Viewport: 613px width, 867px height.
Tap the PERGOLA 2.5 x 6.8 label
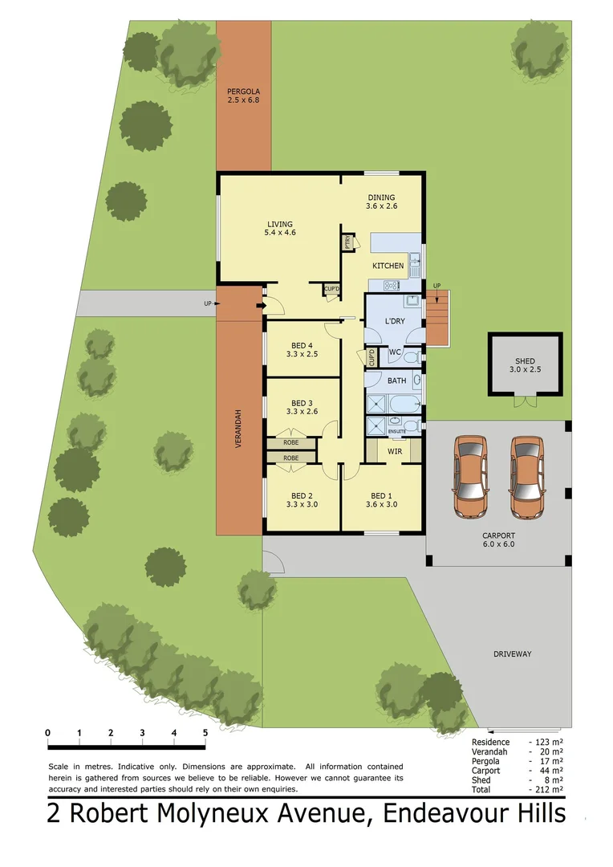tap(243, 96)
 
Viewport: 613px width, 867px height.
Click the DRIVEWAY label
tap(512, 654)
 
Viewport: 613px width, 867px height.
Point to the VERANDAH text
tap(238, 431)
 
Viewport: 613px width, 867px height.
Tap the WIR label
tap(395, 452)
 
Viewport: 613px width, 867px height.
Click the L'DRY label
tap(395, 321)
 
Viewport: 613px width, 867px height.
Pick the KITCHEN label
tap(388, 266)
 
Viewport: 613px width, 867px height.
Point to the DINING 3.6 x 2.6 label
tap(382, 201)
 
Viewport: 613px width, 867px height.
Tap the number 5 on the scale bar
tap(205, 732)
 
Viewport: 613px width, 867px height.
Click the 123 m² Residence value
tap(546, 743)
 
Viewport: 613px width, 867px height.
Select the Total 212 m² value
tap(546, 790)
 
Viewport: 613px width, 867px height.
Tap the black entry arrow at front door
tap(260, 305)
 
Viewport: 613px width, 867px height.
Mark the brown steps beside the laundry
tap(436, 320)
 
